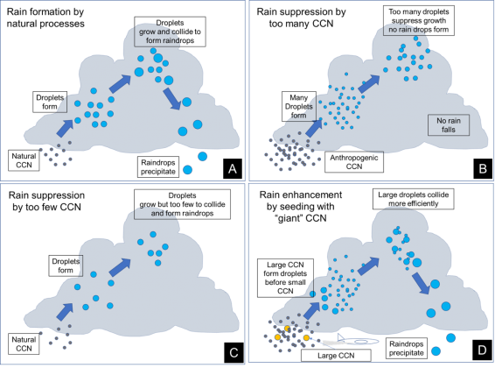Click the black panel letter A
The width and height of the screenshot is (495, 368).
click(233, 168)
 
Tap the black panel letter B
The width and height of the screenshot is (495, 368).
click(483, 168)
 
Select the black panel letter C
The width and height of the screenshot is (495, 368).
click(234, 352)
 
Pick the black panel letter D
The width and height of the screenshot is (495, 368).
click(482, 350)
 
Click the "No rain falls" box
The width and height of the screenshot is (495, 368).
click(449, 125)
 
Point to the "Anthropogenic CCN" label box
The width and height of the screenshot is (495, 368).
click(354, 162)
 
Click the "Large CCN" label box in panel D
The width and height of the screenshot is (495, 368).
click(336, 356)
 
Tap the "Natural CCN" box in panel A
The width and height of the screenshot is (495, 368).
click(24, 160)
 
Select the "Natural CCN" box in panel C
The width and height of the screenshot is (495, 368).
click(24, 343)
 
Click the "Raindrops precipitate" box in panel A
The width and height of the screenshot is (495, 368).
click(158, 167)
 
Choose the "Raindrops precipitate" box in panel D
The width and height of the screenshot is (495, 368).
click(407, 348)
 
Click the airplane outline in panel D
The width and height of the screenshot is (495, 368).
click(358, 341)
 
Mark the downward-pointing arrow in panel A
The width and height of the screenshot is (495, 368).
click(171, 98)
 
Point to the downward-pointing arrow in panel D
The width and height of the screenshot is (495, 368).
click(421, 283)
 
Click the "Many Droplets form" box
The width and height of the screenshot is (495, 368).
click(298, 106)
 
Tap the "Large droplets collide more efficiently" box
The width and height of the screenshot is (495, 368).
click(414, 199)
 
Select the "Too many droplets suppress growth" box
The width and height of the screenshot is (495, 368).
click(419, 21)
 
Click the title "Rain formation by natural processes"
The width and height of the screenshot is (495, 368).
click(45, 18)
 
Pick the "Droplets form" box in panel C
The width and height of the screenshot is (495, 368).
click(66, 265)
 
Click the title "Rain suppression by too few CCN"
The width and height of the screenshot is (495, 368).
click(46, 201)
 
